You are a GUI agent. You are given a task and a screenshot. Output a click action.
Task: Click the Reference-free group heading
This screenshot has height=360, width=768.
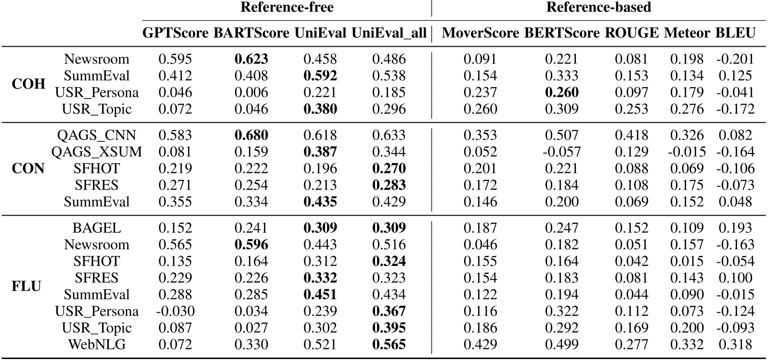pos(286,7)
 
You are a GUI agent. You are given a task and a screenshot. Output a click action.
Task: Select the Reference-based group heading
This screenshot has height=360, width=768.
pos(599,7)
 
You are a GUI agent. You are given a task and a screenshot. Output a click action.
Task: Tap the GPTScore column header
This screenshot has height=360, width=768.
pos(176,33)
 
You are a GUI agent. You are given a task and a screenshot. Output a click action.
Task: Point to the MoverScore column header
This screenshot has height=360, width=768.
pos(480,33)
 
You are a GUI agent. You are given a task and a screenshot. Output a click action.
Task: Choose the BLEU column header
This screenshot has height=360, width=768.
pos(735,33)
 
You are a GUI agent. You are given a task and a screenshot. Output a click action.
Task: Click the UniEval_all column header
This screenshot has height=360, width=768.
pos(389,33)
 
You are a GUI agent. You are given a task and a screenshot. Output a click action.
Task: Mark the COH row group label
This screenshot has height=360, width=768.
pos(28,84)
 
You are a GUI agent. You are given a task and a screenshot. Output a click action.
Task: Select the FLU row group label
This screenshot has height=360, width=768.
pos(26,286)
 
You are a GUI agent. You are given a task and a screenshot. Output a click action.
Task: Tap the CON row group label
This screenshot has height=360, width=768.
pos(28,168)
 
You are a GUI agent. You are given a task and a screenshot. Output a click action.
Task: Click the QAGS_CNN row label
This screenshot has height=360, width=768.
pos(97,135)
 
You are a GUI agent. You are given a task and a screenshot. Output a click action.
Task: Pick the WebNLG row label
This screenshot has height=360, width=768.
pos(97,345)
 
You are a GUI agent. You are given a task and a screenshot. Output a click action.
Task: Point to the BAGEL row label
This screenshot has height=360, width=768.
pos(97,228)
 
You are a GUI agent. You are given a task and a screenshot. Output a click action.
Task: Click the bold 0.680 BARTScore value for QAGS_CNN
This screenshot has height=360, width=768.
pos(251,135)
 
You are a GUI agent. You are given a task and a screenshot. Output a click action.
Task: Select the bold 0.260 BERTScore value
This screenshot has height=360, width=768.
pos(561,92)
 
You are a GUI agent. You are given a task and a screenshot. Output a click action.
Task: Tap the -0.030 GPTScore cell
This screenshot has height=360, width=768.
pos(175,311)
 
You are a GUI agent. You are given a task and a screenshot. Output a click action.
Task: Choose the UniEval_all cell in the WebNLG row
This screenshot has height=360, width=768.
pos(389,345)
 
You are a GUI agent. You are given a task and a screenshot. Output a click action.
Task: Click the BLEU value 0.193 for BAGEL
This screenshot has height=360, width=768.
pos(735,228)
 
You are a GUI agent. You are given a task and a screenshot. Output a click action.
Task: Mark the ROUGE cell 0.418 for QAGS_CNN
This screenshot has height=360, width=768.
pos(631,135)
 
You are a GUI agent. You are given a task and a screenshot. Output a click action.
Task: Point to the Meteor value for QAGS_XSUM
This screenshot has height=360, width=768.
pos(687,152)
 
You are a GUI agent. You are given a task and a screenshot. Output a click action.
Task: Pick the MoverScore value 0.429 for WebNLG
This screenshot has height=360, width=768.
pos(480,345)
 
